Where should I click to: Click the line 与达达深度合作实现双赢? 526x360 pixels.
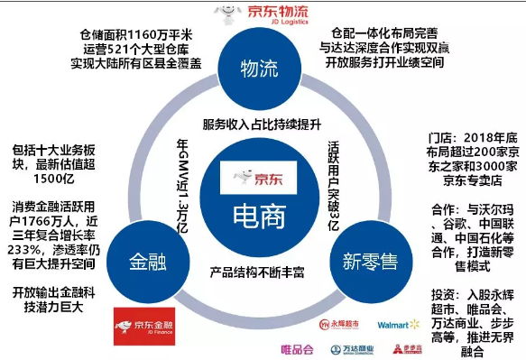(x=384, y=47)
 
